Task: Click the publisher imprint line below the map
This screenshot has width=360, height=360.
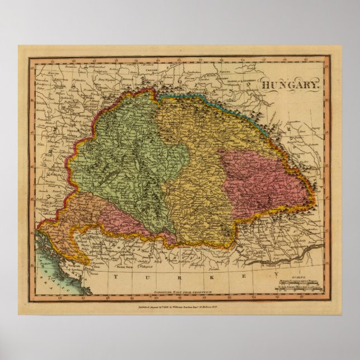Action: [x=179, y=306]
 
